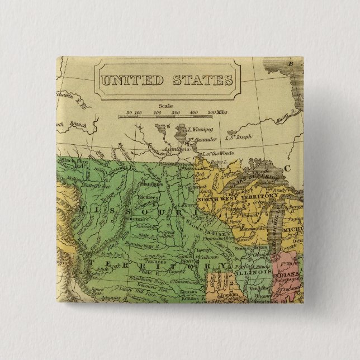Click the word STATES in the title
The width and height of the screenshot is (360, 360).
201,80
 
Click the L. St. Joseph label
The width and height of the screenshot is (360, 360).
239,136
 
